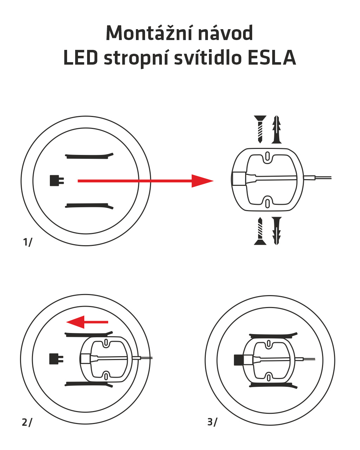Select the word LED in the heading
pos(80,58)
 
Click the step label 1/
pos(27,242)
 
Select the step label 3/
pos(212,422)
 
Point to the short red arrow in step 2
pos(87,322)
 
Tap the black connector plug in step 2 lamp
pos(56,359)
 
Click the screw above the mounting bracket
pos(260,129)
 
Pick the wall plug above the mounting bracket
pos(277,129)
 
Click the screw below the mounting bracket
pos(260,231)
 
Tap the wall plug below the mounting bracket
pos(277,231)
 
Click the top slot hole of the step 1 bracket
pos(267,156)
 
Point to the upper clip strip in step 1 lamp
pos(90,156)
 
